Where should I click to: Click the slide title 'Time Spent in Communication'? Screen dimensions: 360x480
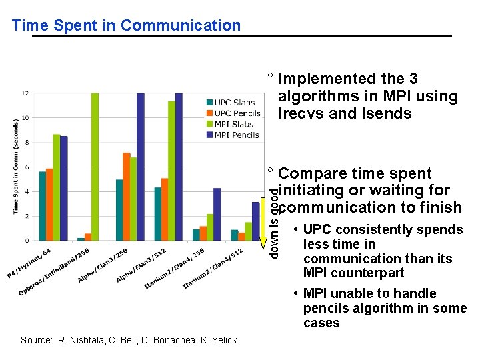(x=126, y=26)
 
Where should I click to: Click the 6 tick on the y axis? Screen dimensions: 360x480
(x=26, y=167)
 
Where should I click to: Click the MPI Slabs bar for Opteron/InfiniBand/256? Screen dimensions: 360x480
(x=95, y=167)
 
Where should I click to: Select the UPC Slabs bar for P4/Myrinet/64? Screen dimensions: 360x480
(x=43, y=206)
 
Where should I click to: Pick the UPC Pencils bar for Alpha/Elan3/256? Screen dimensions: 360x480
(x=127, y=197)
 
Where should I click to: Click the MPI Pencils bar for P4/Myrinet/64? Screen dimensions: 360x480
(x=64, y=188)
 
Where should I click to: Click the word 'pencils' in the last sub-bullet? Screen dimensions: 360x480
(x=327, y=308)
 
